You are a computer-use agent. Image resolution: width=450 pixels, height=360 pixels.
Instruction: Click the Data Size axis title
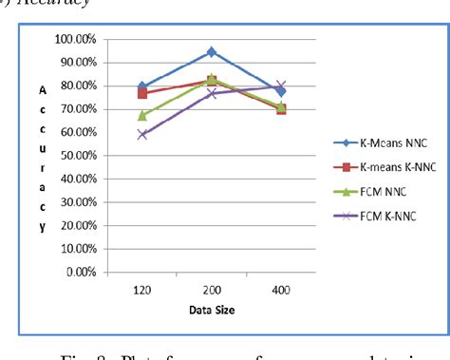point(212,309)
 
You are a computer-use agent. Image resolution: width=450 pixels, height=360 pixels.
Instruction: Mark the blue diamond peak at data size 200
point(211,51)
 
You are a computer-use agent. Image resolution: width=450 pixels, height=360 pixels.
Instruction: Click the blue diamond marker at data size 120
point(142,86)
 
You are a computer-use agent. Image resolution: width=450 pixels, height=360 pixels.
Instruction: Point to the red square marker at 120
point(142,93)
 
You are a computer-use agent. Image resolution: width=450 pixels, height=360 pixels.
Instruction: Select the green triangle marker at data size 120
point(142,115)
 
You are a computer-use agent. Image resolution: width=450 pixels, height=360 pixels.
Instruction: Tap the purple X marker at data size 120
point(142,135)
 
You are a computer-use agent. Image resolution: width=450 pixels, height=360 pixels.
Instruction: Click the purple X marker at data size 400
point(280,85)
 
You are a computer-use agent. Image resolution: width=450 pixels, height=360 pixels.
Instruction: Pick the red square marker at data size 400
point(280,109)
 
